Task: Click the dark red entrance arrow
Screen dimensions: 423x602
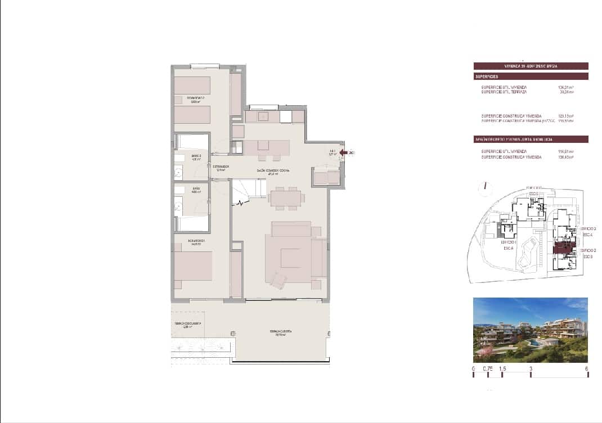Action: (x=343, y=152)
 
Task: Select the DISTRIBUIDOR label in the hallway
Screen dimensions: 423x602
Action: (x=220, y=167)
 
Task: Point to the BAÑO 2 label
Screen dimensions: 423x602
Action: (x=196, y=156)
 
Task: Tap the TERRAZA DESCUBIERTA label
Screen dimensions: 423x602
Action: (x=187, y=324)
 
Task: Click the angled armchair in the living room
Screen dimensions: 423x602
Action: (x=278, y=279)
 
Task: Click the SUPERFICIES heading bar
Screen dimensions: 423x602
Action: (x=531, y=76)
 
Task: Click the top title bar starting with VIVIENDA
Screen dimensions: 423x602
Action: (x=531, y=66)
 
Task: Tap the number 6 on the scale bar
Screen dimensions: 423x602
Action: (x=587, y=370)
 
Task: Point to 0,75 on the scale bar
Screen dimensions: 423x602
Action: (x=487, y=370)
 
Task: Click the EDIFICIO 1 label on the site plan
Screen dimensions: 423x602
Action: (x=507, y=242)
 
